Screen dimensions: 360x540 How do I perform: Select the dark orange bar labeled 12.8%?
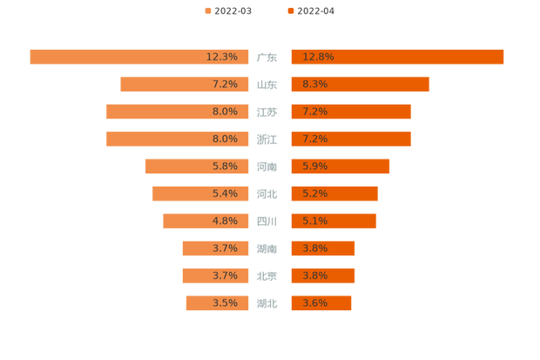click(x=397, y=57)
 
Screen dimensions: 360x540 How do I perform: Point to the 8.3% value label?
click(x=315, y=85)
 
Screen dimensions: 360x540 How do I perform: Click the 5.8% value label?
click(x=225, y=166)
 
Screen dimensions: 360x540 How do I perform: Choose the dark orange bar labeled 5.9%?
click(x=340, y=166)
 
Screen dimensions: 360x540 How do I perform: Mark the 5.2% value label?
click(x=315, y=194)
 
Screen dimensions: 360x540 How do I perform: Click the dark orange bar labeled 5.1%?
click(x=334, y=221)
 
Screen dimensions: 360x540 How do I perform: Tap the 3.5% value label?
click(x=225, y=303)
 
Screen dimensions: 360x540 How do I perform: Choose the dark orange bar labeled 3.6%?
click(x=321, y=303)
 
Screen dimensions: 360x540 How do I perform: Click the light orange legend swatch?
click(x=206, y=10)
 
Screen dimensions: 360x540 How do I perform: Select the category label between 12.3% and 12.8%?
click(x=267, y=58)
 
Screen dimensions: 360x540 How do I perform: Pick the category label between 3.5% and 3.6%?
click(x=267, y=303)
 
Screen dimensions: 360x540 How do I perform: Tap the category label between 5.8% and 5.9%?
click(x=267, y=166)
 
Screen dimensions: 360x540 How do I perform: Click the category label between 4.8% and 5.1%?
click(x=267, y=221)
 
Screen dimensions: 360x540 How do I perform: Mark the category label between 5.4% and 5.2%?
click(x=267, y=194)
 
